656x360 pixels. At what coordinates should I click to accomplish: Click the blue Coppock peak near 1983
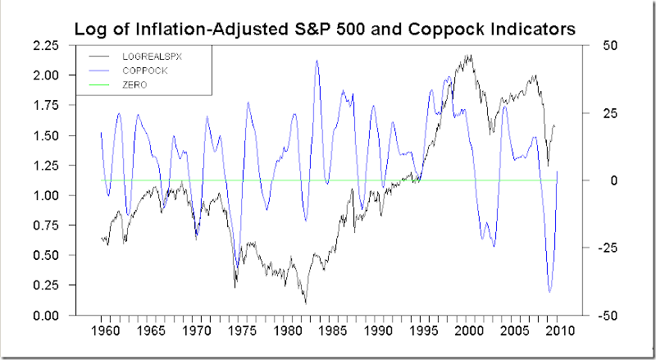coord(317,60)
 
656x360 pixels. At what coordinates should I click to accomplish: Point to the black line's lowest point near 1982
coord(306,303)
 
